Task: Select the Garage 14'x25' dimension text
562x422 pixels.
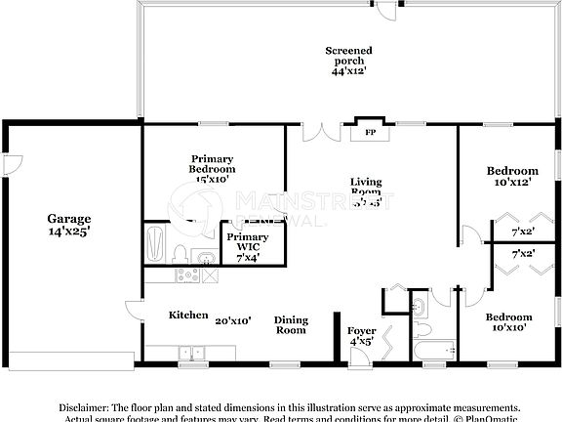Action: pos(69,232)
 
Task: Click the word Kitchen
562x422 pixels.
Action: pos(188,316)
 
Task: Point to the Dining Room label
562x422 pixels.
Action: pos(290,324)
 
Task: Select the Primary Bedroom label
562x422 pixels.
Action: pos(213,163)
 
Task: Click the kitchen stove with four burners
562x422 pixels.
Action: pos(188,275)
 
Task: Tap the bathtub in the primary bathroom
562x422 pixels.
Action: pos(155,244)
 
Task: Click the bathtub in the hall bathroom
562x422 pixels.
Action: pos(434,350)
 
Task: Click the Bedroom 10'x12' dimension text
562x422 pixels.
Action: pos(512,183)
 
